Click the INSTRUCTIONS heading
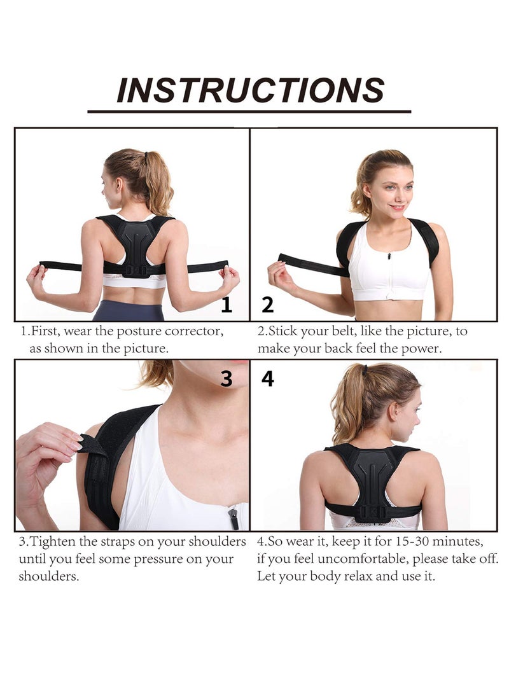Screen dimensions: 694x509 pos(250,90)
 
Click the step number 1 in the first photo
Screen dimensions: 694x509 pos(227,305)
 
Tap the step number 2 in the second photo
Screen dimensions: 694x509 pos(268,305)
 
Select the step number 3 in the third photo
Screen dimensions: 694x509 pos(227,379)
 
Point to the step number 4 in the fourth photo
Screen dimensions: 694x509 pos(268,379)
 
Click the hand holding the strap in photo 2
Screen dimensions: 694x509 pos(280,275)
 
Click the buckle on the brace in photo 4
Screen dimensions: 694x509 pos(372,511)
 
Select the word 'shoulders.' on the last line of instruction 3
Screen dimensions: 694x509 pos(49,577)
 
